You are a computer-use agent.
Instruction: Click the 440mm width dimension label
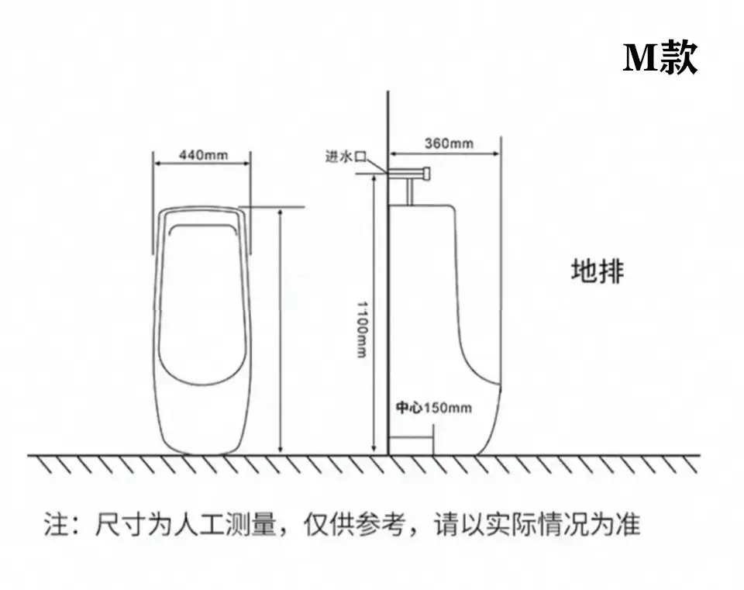click(204, 155)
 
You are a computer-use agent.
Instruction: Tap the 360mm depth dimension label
click(449, 143)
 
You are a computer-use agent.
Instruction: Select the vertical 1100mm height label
click(362, 329)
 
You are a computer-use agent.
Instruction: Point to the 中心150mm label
click(434, 408)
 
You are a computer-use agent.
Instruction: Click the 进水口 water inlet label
click(346, 156)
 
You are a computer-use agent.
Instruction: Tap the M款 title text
click(660, 57)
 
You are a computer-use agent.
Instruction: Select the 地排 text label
click(598, 271)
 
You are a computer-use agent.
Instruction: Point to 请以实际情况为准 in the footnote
click(537, 525)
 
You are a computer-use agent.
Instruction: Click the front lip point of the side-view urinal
click(499, 384)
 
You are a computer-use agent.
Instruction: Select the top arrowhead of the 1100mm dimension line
click(374, 178)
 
